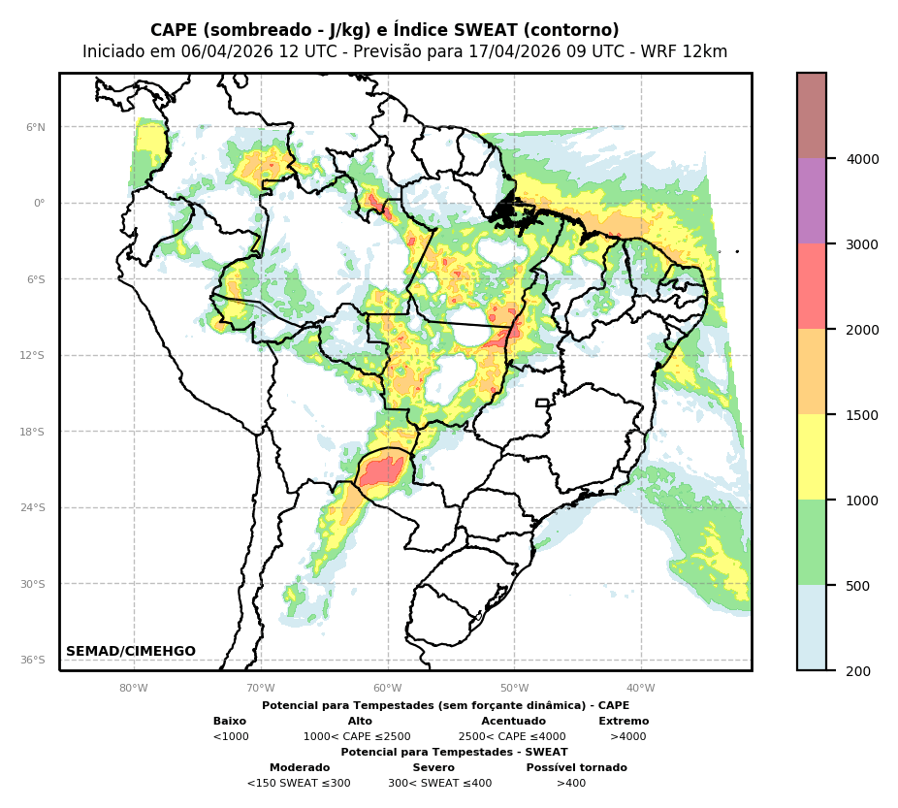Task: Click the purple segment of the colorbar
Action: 812,201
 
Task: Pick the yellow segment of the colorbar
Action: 812,457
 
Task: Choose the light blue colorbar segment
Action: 812,628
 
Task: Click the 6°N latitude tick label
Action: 36,127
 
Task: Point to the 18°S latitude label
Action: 33,432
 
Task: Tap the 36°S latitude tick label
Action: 33,660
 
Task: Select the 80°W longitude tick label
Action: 134,689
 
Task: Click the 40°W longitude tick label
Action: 641,689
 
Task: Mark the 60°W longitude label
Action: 388,689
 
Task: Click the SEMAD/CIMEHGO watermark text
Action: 131,652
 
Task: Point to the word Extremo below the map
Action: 624,722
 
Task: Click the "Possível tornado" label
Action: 576,768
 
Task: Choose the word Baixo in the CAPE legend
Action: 230,722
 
